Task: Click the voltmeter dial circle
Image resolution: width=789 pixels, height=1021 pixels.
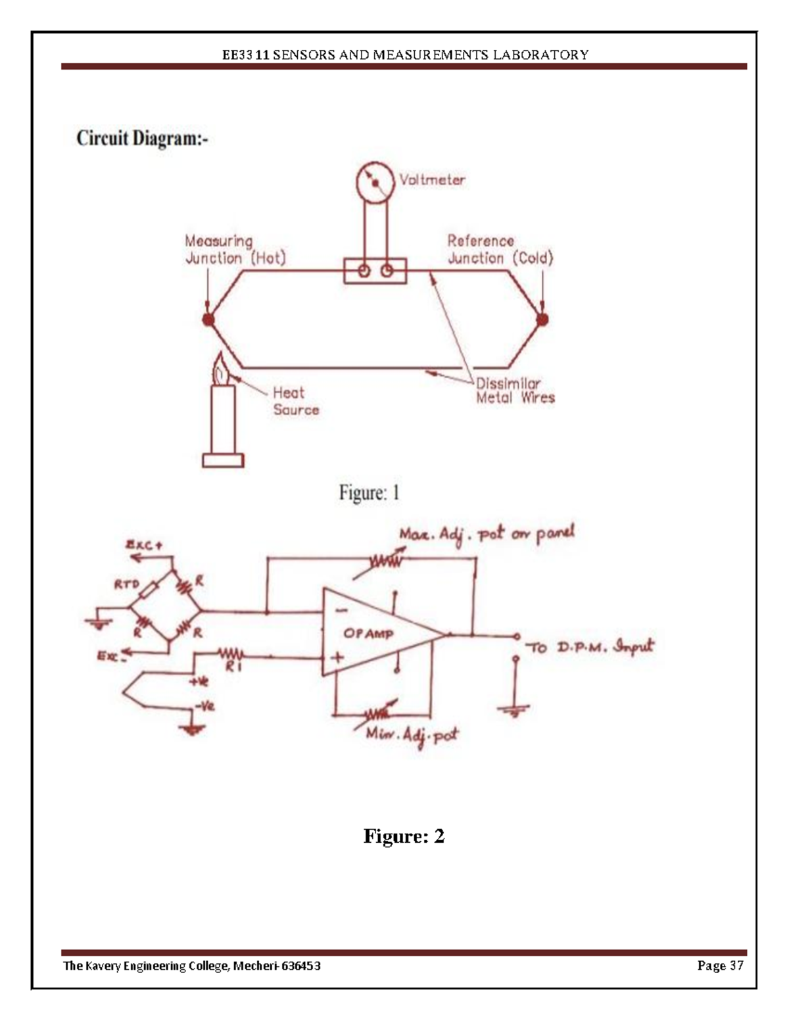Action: (x=375, y=181)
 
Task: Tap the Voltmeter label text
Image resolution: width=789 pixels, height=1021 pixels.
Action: (x=432, y=179)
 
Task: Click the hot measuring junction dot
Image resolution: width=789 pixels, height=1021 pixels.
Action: (x=208, y=320)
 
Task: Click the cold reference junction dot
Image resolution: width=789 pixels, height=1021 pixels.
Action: (x=542, y=320)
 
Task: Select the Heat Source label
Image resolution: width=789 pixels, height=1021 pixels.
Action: (x=295, y=401)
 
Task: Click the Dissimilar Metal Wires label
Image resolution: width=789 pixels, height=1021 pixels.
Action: (x=515, y=391)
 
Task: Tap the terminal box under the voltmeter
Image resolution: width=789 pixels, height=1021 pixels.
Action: (x=375, y=271)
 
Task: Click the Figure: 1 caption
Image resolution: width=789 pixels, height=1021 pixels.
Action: (x=369, y=492)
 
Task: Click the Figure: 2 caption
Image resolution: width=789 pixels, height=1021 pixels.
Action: (x=404, y=836)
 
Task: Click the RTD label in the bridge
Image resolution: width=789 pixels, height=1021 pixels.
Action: (x=126, y=583)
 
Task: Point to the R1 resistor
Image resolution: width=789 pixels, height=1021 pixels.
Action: (x=231, y=655)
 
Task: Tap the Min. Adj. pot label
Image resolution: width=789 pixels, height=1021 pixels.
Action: (x=412, y=734)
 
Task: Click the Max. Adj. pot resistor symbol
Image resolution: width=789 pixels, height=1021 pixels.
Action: (x=386, y=561)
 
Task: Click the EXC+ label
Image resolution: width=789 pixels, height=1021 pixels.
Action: (x=144, y=545)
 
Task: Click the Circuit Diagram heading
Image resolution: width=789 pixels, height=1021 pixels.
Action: (x=142, y=139)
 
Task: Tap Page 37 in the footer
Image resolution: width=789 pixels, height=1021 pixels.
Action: (x=720, y=966)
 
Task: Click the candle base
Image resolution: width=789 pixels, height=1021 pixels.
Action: (x=223, y=460)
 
